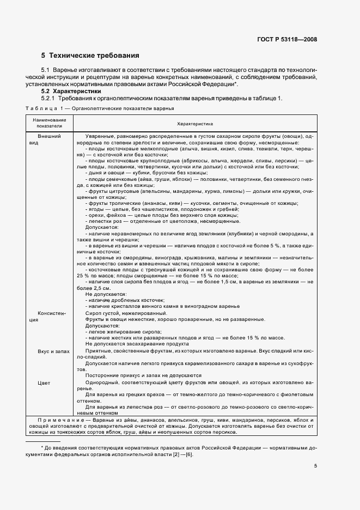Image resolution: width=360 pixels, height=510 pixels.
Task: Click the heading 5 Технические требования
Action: tap(90, 56)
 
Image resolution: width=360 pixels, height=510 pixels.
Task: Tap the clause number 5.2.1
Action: tap(49, 99)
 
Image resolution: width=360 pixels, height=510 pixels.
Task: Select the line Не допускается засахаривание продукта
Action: tap(137, 344)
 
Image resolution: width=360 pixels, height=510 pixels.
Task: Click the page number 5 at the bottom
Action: tap(315, 466)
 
